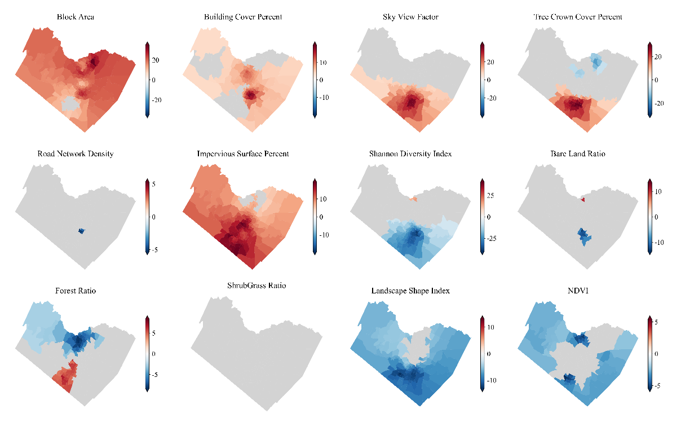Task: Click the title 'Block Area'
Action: tap(76, 17)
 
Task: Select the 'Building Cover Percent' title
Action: tap(243, 17)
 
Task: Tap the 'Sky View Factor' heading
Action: tap(410, 17)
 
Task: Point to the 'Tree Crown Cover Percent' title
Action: tap(578, 17)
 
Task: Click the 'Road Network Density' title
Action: tap(76, 153)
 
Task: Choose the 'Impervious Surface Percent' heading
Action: tap(243, 153)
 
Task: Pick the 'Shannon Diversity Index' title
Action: tap(410, 153)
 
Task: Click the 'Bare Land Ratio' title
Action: tap(578, 153)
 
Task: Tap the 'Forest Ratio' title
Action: tap(76, 291)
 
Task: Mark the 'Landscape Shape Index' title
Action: tap(410, 291)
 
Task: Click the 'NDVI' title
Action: tap(578, 291)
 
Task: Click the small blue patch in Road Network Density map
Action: tap(81, 231)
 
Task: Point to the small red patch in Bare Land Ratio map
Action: tap(583, 200)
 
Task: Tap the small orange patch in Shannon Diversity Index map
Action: tap(414, 199)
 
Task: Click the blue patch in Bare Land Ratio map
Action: tap(583, 236)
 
